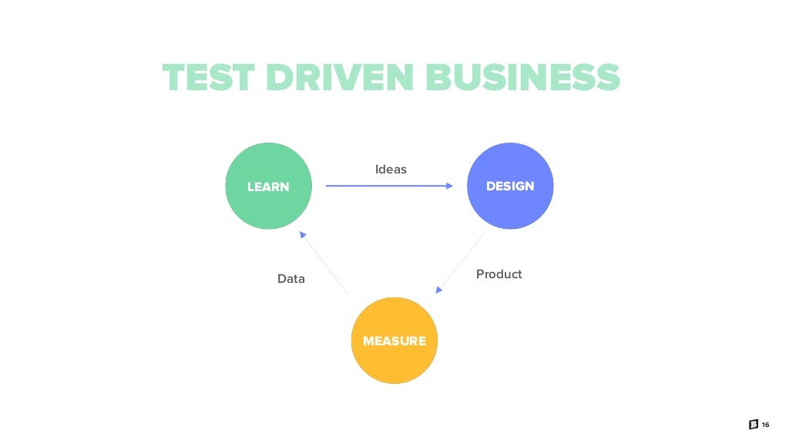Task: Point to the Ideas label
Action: (x=391, y=169)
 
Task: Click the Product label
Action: (x=499, y=274)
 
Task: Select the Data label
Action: (x=291, y=279)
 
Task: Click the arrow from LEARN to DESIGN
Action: (x=385, y=186)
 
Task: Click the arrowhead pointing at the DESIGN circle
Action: (x=451, y=186)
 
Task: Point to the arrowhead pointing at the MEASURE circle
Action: (x=438, y=290)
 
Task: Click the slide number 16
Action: (x=765, y=426)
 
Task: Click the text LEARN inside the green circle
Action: (x=268, y=187)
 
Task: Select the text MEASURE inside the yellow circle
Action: (x=394, y=341)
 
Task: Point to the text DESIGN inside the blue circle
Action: (x=510, y=187)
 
